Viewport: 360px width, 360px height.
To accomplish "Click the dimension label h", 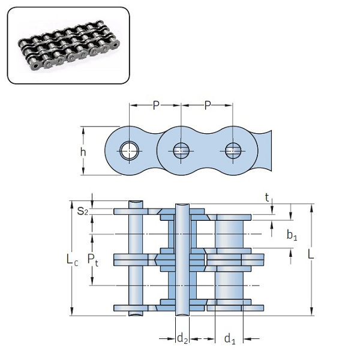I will (83, 151).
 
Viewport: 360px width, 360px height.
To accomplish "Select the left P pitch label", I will (155, 106).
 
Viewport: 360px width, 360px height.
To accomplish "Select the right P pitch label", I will (208, 106).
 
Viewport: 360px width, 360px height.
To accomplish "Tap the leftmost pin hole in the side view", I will (129, 151).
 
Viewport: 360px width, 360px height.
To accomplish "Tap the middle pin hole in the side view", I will (181, 151).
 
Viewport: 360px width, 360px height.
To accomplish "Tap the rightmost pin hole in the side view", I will (233, 151).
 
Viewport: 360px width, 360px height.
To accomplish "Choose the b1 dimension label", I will (292, 235).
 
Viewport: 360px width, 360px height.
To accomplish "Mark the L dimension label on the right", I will (310, 254).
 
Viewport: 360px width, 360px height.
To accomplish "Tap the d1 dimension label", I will (229, 339).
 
